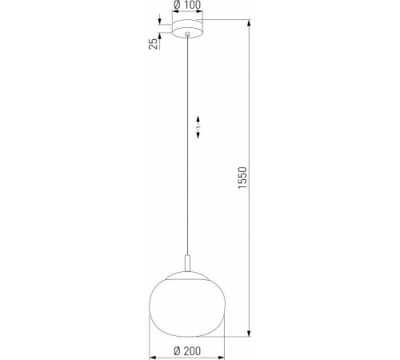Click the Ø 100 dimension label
pos(187,5)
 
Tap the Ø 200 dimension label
pos(187,351)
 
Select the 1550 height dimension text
pos(243,178)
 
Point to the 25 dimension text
pos(153,44)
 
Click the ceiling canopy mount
pos(187,28)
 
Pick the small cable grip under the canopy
pos(188,34)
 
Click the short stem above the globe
pos(188,263)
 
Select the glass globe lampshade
pos(187,304)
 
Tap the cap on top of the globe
pos(187,276)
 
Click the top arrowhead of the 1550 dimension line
pos(249,22)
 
